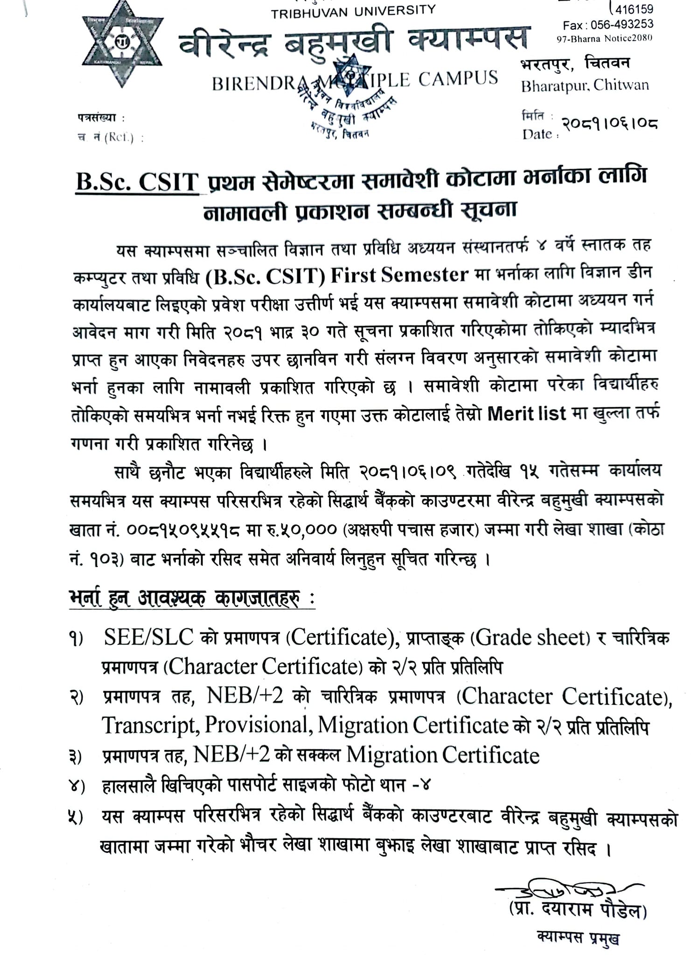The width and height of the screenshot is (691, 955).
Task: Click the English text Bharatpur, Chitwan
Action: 585,85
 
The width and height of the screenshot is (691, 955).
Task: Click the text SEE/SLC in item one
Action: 149,637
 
